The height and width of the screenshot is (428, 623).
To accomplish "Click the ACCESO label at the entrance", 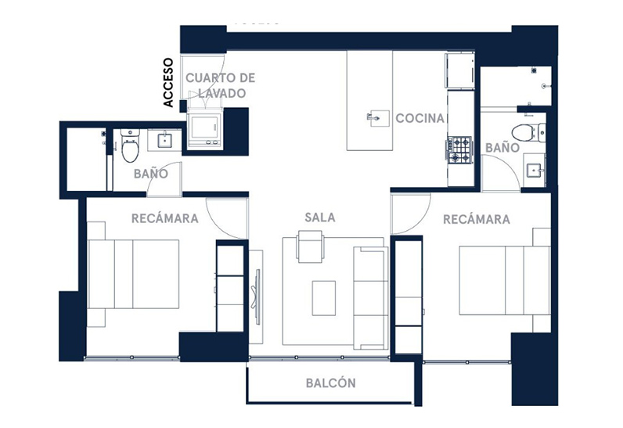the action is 168,83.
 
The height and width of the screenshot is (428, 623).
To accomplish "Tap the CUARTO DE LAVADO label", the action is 221,85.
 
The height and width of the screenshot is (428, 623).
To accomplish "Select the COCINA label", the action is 420,118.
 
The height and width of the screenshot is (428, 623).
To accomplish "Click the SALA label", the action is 320,218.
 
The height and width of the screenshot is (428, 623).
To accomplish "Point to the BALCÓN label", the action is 330,383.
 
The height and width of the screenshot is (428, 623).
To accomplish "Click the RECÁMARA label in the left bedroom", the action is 165,218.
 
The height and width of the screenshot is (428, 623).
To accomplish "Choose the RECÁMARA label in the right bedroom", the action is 477,219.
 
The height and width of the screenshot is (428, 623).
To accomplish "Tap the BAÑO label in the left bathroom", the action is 150,174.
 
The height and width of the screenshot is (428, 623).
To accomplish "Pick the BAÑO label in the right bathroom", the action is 502,148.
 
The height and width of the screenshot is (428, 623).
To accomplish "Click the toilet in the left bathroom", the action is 130,146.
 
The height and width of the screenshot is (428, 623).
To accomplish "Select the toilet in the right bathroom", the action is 528,132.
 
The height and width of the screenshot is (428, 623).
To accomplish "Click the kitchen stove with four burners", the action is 459,150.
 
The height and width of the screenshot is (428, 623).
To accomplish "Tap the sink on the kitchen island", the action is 379,118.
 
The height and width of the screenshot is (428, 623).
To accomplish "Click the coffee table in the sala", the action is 324,298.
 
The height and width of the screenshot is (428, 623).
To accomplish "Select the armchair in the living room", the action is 310,246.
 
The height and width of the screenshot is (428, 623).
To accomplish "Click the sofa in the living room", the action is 371,298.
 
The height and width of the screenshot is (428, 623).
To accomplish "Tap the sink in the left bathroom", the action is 164,141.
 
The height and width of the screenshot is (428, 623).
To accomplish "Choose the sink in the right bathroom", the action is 535,171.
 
